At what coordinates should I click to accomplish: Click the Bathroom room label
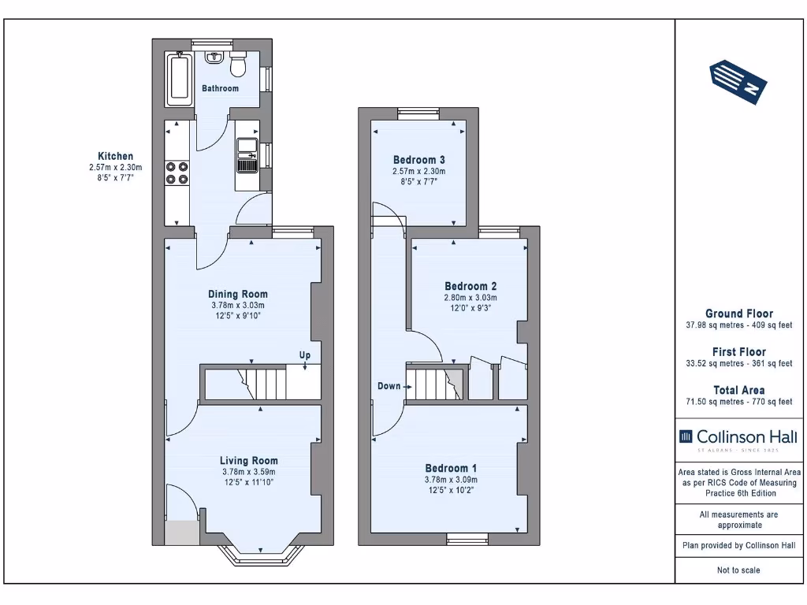click(x=220, y=88)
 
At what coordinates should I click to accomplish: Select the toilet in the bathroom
click(x=239, y=64)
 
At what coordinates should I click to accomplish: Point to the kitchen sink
click(x=247, y=154)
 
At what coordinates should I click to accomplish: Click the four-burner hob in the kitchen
click(x=177, y=172)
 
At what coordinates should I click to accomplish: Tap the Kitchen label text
click(x=115, y=156)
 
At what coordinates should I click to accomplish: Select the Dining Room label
click(x=237, y=294)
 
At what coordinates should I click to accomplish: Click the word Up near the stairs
click(x=304, y=355)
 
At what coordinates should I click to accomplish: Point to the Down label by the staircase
click(x=389, y=386)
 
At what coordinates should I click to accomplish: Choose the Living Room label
click(x=248, y=461)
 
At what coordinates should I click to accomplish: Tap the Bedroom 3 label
click(x=418, y=160)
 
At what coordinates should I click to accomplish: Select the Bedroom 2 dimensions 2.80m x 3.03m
click(x=470, y=298)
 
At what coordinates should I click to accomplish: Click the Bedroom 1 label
click(x=451, y=467)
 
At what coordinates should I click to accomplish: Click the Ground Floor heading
click(x=738, y=314)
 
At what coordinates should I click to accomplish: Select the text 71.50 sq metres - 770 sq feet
click(x=738, y=402)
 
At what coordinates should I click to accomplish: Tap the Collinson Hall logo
click(x=738, y=437)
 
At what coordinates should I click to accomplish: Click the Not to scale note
click(x=738, y=570)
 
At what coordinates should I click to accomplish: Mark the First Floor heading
click(x=738, y=352)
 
